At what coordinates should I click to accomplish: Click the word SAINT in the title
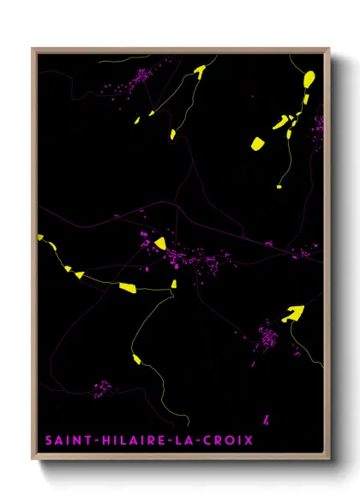coord(63,441)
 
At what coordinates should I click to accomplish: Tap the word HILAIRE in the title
coord(122,441)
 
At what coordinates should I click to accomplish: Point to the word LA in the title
coord(185,441)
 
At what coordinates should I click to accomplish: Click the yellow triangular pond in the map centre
coord(159,243)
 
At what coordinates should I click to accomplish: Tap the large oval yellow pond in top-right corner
coord(309,80)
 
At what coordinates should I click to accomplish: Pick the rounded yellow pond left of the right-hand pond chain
coord(257,143)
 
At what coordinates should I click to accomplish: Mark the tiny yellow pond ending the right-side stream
coord(279,185)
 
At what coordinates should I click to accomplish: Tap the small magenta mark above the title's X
coord(266,419)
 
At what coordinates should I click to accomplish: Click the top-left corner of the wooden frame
coord(33,49)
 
